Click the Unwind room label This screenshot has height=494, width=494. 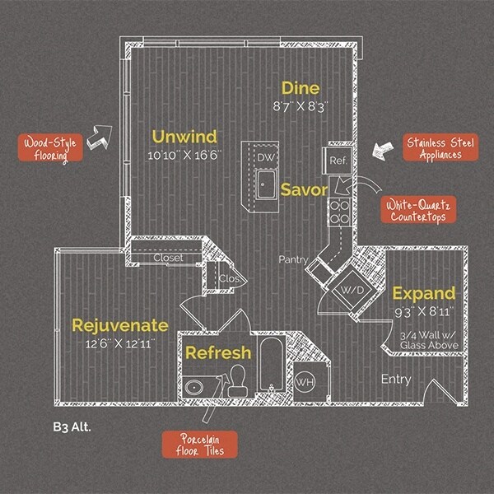pos(182,136)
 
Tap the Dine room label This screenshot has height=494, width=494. pos(300,88)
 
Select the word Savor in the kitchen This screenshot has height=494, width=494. pos(304,189)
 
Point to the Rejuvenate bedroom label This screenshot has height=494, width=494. pos(120,324)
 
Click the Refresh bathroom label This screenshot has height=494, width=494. pos(218,352)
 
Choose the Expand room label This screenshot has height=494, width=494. pos(423,293)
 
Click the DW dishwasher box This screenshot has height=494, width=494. pos(266,157)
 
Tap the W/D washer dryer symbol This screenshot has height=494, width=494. pos(350,291)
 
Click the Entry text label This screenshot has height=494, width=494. pos(396,379)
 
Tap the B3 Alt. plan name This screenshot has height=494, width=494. pos(68,427)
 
